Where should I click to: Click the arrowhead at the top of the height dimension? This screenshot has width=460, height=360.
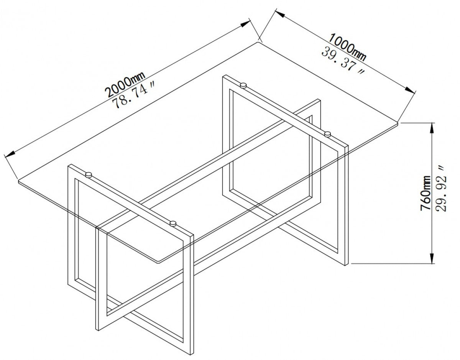click(x=432, y=127)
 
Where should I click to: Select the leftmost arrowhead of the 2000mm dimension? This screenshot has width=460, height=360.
click(x=9, y=154)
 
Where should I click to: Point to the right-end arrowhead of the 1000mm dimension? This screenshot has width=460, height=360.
click(x=411, y=90)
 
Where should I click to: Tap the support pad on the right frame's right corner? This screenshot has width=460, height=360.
click(x=328, y=134)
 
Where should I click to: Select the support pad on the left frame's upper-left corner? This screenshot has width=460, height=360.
click(x=88, y=175)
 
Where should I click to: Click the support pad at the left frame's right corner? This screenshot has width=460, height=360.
click(x=173, y=222)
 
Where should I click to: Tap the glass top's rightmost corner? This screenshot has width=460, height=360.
click(x=399, y=123)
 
